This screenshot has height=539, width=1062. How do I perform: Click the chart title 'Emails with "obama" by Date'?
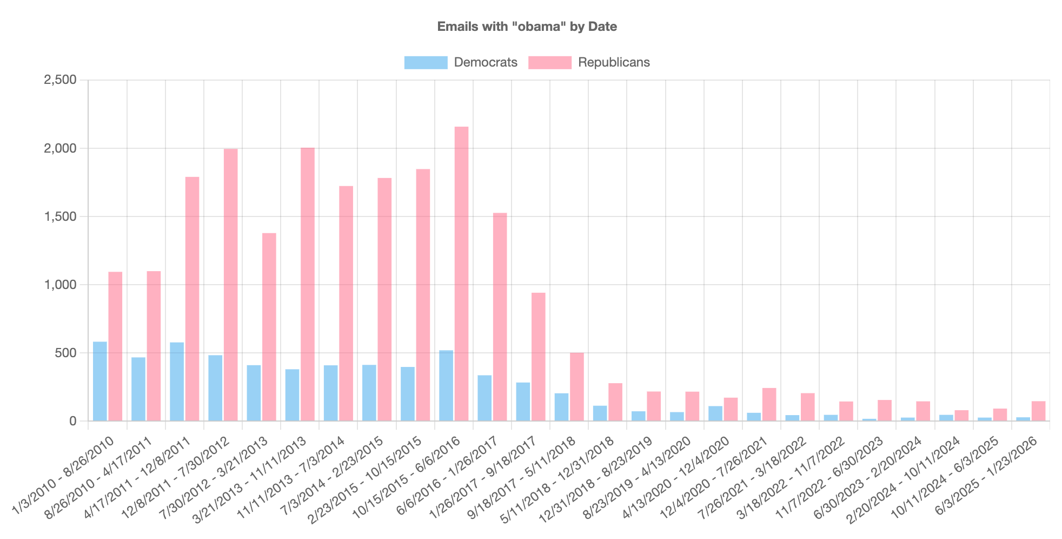527,27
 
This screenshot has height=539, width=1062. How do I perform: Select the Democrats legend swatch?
426,62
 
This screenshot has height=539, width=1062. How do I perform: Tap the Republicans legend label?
614,62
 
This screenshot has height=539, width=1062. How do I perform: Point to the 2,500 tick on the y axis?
60,80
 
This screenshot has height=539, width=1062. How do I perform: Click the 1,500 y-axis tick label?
60,216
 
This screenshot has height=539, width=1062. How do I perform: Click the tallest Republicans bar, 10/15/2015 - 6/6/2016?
461,274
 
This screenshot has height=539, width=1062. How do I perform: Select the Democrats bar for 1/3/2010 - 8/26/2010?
100,382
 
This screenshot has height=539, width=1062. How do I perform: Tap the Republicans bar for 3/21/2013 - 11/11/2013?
308,284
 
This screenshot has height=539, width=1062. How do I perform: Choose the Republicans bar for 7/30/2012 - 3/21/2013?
269,327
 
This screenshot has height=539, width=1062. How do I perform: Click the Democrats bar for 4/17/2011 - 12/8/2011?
177,382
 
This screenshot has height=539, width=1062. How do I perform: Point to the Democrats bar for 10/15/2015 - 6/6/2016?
446,386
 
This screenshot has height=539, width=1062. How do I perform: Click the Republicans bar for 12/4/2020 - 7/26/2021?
769,404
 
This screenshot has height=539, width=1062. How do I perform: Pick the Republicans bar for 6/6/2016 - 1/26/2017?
500,317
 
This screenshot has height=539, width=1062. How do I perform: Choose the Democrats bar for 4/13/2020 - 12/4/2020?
715,413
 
